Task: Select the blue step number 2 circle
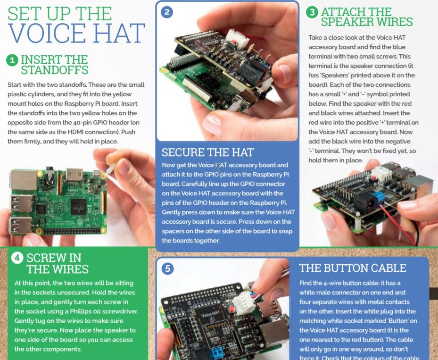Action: (x=167, y=12)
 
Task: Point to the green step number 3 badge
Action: (x=312, y=12)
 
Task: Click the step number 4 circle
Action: (x=17, y=258)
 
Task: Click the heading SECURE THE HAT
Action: (x=207, y=152)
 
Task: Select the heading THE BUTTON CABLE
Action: (x=353, y=268)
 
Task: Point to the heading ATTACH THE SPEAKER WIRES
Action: (x=367, y=17)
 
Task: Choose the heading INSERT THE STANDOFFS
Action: (x=54, y=65)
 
